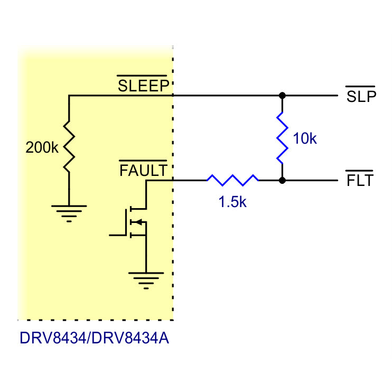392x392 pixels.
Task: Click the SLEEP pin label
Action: coord(143,86)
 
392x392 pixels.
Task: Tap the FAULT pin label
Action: coord(143,171)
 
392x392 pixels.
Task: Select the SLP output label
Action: coord(361,97)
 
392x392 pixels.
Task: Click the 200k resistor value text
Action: coord(42,148)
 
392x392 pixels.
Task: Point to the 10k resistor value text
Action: coord(305,139)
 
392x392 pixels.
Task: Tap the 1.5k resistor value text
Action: coord(232,201)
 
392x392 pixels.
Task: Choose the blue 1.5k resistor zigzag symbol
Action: coord(232,180)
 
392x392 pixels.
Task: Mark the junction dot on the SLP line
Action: coord(282,96)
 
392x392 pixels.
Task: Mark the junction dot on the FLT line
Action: coord(282,180)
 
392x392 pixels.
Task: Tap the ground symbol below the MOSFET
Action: coord(146,279)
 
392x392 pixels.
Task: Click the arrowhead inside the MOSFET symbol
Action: coord(134,222)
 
